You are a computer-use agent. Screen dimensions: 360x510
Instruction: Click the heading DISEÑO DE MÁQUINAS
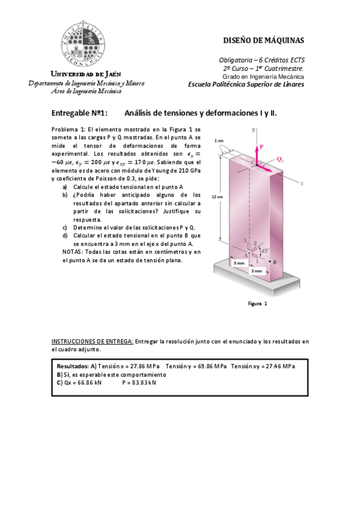pos(264,41)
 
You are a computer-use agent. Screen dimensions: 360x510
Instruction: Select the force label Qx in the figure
pos(281,160)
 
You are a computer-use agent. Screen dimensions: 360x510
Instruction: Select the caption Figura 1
pos(257,304)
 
